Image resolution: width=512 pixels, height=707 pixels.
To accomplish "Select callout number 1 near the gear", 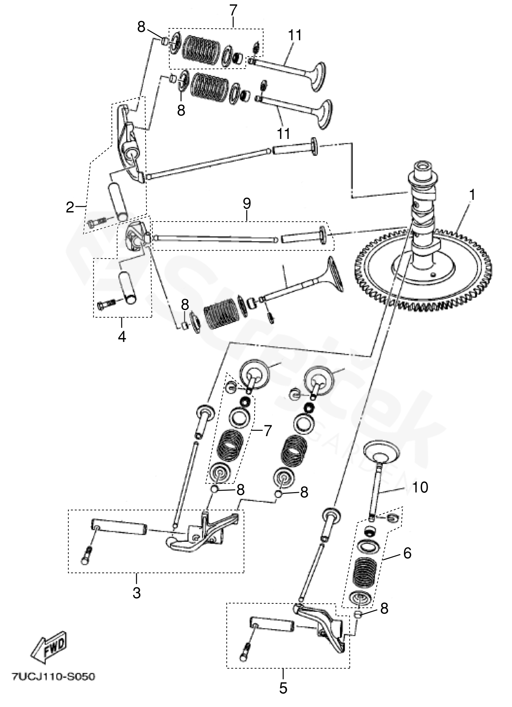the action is pos(472,195).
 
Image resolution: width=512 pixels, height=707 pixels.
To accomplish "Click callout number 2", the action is pos(70,208).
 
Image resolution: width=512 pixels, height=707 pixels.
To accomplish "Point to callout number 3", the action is pos(136,593).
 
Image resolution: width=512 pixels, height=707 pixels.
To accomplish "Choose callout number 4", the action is pos(122,337).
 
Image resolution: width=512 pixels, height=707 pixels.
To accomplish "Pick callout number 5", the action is pos(283,688).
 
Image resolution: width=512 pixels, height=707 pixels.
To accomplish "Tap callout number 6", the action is pos(407,553).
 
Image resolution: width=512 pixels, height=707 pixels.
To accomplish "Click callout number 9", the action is pos(247,203).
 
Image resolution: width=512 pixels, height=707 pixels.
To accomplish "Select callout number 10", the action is pos(420,487).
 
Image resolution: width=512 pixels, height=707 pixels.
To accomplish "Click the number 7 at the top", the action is pos(233,10).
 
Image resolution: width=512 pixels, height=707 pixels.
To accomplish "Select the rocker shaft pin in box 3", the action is pos(119,527).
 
